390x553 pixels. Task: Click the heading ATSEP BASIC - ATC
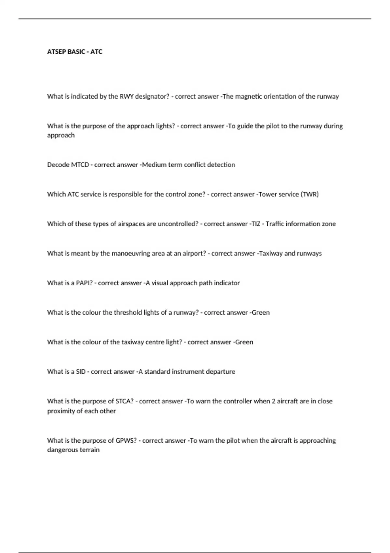[x=75, y=52]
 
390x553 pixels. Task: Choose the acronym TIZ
[x=256, y=224]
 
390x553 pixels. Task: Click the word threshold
[x=128, y=313]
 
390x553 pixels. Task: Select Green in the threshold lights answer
[x=261, y=313]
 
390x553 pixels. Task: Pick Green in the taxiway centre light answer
[x=244, y=342]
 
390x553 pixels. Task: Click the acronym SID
[x=81, y=371]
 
